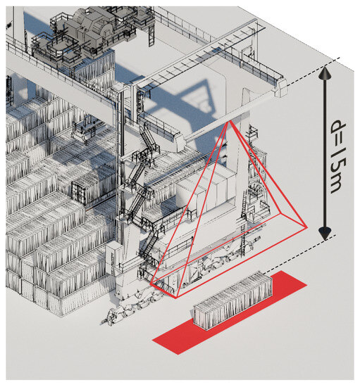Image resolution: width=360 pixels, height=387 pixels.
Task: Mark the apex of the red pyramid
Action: (x=229, y=122)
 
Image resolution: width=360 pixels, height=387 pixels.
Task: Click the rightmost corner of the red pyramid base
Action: (x=306, y=227)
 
